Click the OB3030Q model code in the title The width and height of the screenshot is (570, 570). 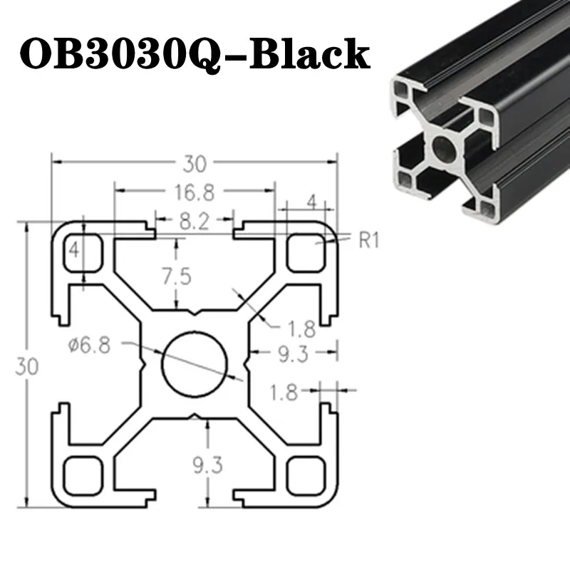[x=120, y=55]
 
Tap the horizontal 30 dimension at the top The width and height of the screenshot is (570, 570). [x=195, y=164]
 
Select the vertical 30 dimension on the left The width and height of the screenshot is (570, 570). [x=26, y=366]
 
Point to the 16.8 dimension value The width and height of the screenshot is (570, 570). [x=195, y=192]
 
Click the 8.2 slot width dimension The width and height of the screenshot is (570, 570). [x=195, y=221]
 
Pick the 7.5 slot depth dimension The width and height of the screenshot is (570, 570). [x=177, y=277]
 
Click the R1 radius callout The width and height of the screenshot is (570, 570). [x=369, y=240]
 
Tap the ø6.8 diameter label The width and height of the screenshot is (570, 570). [x=90, y=345]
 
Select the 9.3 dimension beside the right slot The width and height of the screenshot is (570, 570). [x=293, y=354]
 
